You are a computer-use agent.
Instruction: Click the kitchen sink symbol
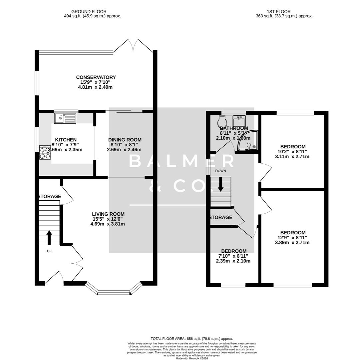[65, 118]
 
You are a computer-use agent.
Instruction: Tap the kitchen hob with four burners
[45, 152]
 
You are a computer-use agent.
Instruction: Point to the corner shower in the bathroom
[248, 141]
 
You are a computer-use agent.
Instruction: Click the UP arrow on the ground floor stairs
[49, 238]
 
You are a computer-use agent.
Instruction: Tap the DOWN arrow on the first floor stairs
[220, 185]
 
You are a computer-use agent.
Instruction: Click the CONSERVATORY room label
[96, 77]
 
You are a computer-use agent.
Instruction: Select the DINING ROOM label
[125, 140]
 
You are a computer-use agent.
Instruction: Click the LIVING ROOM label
[108, 214]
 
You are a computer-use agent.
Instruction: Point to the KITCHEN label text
[66, 140]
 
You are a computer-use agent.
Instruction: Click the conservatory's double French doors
[134, 46]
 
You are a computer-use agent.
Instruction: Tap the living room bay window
[114, 290]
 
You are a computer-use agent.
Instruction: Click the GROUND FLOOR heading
[89, 12]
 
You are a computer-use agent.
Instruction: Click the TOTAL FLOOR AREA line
[192, 339]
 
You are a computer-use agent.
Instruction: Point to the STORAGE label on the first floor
[221, 217]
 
